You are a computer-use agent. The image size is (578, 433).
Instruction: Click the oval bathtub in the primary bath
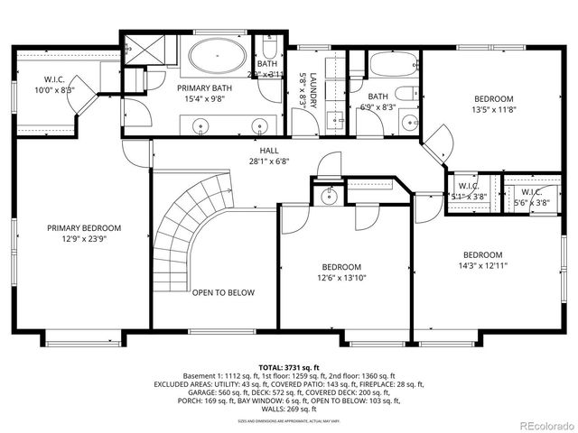[218, 57]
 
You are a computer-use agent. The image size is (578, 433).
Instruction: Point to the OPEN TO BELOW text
[222, 292]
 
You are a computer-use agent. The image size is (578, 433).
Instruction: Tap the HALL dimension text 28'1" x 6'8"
[270, 163]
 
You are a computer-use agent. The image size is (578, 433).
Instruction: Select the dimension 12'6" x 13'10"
[341, 278]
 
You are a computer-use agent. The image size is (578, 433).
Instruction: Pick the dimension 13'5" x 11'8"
[494, 110]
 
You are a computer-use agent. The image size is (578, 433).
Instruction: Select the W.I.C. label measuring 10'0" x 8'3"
[55, 90]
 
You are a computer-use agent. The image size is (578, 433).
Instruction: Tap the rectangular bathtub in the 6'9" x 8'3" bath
[392, 64]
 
